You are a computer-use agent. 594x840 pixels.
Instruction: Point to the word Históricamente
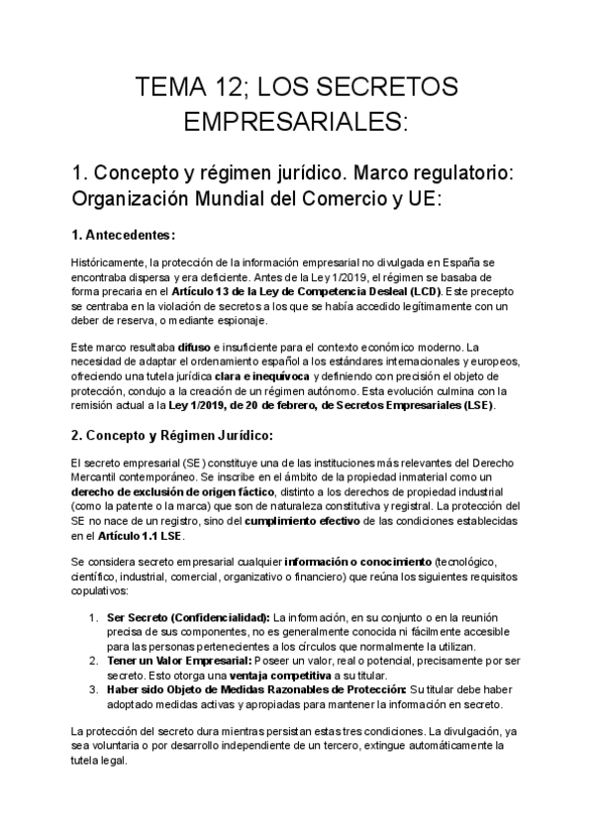pos(108,262)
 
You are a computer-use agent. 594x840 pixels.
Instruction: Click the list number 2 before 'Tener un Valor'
pos(93,661)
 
